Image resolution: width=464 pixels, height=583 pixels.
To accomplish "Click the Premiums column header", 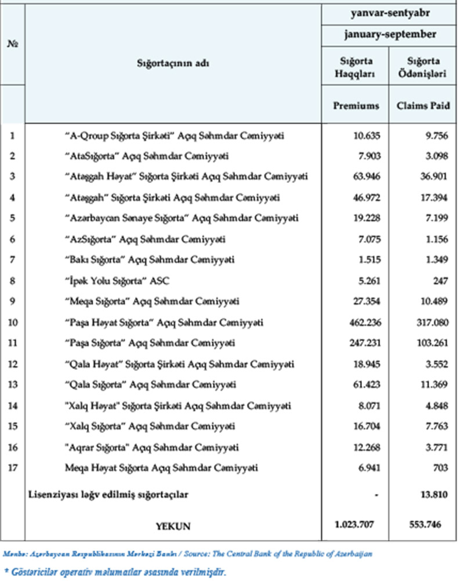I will [x=356, y=106].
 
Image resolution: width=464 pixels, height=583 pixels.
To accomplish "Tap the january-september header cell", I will [x=388, y=35].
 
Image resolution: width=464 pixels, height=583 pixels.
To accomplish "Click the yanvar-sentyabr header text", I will [x=388, y=12].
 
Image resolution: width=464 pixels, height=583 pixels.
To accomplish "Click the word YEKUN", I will [x=173, y=527].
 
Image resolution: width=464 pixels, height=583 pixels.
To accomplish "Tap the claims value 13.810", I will [x=426, y=495].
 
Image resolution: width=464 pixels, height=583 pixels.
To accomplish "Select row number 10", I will [x=12, y=322].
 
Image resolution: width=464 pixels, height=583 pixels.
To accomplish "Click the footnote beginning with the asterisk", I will [x=114, y=573].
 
